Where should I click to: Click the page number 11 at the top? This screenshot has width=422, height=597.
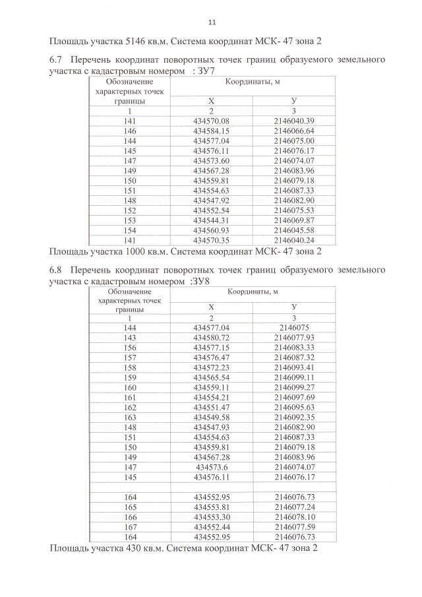[211, 22]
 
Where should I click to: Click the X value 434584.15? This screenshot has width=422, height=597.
[211, 131]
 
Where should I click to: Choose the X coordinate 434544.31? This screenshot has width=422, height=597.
[211, 220]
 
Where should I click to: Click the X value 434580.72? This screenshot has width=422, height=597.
[211, 338]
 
